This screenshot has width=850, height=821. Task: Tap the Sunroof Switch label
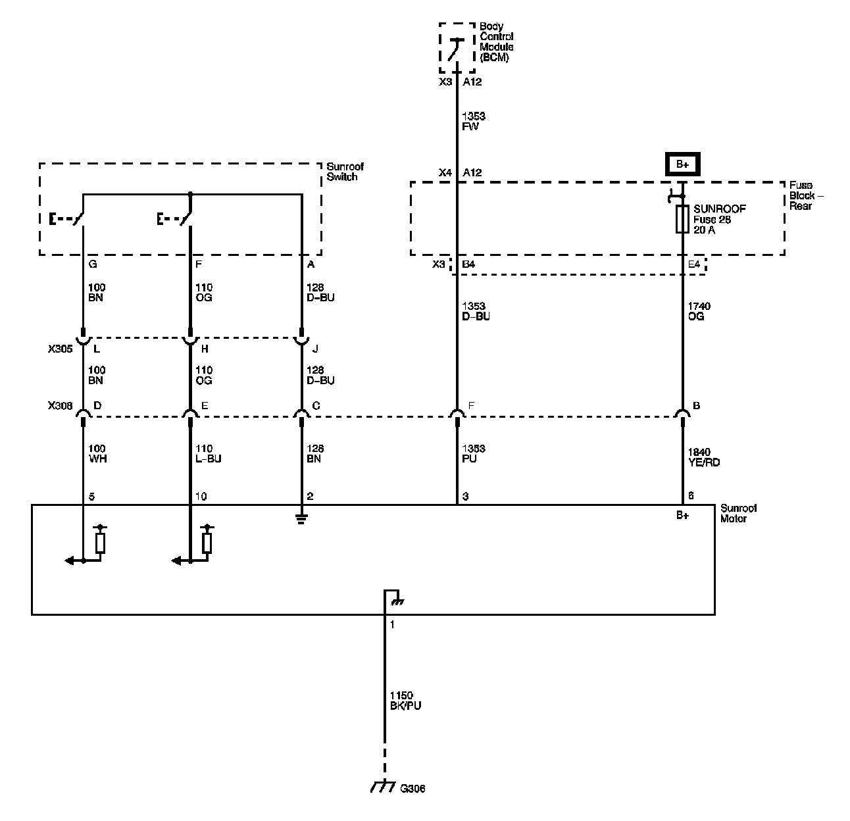(344, 172)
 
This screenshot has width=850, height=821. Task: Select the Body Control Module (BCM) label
(497, 42)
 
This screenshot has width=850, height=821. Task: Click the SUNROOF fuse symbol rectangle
(682, 219)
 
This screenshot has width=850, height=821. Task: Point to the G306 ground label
(413, 788)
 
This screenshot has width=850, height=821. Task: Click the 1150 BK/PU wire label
(405, 701)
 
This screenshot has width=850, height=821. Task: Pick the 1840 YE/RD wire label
(703, 457)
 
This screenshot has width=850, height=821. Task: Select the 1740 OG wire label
(699, 311)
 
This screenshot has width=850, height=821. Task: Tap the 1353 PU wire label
(474, 453)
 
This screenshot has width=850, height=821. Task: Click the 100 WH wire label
(97, 453)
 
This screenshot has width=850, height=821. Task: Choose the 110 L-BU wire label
(208, 453)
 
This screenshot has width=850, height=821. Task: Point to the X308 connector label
(60, 406)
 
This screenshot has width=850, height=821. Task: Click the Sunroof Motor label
(738, 513)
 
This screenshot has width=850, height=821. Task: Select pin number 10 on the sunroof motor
(201, 496)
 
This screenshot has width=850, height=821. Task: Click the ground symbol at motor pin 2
(301, 518)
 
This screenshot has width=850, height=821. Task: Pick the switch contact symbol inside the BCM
(455, 48)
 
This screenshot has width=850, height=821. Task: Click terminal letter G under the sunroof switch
(92, 264)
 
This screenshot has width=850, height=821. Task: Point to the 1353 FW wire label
(474, 122)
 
